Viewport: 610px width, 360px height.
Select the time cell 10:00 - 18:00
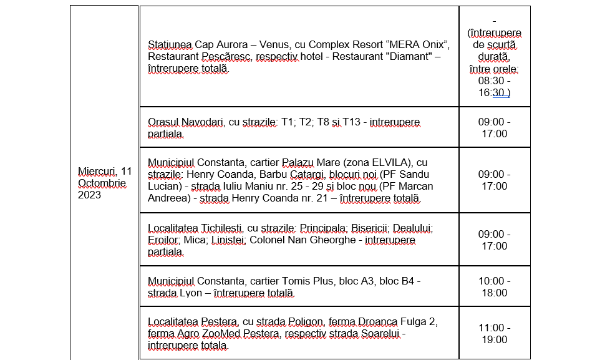pos(493,287)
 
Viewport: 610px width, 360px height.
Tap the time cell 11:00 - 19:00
pos(493,334)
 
